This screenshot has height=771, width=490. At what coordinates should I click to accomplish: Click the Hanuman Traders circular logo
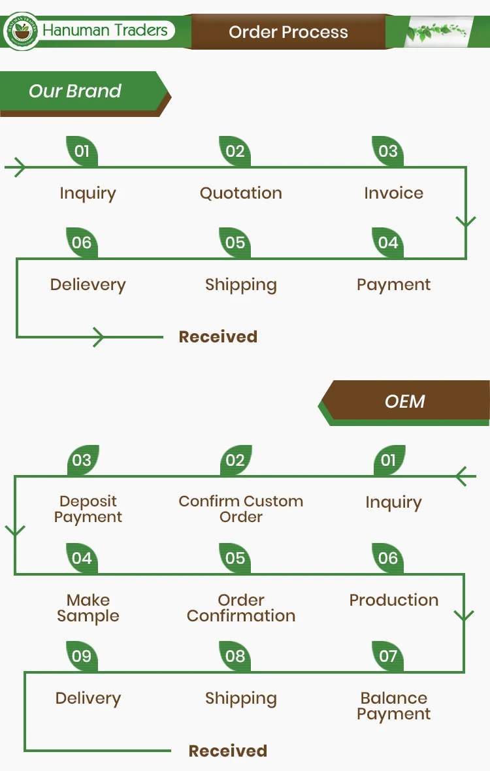pos(20,31)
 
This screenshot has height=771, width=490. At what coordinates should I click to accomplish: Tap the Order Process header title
pos(288,32)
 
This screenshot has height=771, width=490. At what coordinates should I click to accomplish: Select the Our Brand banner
pos(75,91)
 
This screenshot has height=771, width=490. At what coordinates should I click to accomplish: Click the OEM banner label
pos(405,401)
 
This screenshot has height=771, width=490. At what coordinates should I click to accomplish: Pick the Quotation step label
pos(241,193)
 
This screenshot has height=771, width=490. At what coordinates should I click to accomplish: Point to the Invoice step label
pos(393,193)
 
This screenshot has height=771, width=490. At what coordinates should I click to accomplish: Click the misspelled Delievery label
pos(88,285)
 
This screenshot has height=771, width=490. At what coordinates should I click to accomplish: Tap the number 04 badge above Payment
pos(388,243)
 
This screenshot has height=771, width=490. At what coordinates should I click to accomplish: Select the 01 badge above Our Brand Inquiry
pos(82,152)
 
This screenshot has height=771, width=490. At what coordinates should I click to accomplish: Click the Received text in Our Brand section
pos(218,337)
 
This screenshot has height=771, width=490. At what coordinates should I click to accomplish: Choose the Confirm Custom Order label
pos(241,509)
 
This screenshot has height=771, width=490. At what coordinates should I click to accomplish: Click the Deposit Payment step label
pos(88,509)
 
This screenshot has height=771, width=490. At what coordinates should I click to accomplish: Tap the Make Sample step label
pos(88,608)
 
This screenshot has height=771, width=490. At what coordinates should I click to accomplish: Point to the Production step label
pos(394,600)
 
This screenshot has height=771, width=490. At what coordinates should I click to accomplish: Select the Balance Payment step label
pos(394,706)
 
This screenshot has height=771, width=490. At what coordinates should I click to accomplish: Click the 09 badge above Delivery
pos(82,656)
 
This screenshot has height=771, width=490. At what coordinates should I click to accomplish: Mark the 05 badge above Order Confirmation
pos(235,558)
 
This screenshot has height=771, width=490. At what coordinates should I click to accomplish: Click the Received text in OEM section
pos(228,751)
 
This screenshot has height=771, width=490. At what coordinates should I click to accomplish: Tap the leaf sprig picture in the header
pos(436,31)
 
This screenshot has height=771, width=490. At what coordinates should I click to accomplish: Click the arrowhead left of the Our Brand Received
pos(98,337)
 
